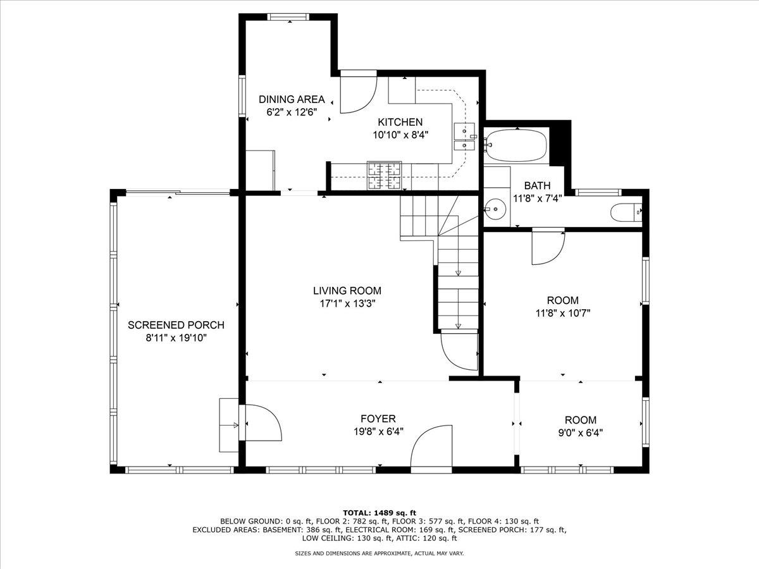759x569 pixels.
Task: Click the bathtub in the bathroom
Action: (515, 145)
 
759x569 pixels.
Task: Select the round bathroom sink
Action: (495, 209)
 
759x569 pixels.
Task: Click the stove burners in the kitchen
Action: (384, 176)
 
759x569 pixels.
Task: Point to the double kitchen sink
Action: (464, 137)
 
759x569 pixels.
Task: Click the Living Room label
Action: (347, 291)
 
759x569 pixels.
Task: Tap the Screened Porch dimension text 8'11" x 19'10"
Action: (176, 338)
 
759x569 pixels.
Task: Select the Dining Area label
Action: (292, 99)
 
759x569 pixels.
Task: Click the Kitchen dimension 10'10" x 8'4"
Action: (400, 135)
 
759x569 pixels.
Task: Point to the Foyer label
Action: (378, 419)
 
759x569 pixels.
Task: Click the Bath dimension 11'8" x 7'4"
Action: (538, 199)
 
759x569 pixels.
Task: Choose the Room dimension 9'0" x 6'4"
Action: (581, 432)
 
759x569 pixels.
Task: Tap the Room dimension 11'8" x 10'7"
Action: (563, 313)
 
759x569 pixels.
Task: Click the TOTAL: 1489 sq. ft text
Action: (379, 513)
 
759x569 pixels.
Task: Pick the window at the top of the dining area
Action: (288, 17)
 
